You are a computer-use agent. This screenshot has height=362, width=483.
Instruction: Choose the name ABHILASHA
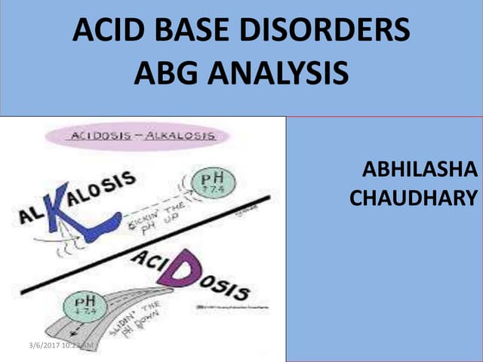click(x=420, y=170)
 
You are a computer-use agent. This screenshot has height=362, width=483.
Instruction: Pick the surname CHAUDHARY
click(x=414, y=198)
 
